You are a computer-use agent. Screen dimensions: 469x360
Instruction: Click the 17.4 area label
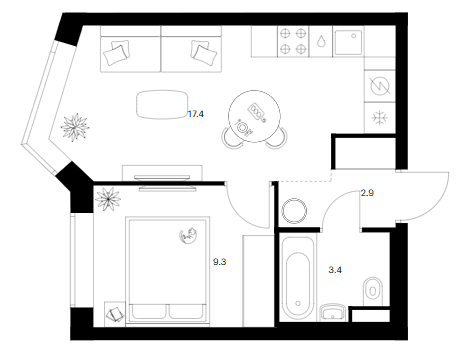tap(196, 114)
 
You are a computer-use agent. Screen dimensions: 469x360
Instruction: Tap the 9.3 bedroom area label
tap(219, 262)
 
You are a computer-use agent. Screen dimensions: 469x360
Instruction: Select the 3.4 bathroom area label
tap(335, 270)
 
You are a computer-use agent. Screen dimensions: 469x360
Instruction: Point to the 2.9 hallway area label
tap(367, 193)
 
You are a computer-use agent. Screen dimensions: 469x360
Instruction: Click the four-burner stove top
tap(293, 41)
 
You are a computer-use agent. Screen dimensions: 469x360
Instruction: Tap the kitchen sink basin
tap(348, 42)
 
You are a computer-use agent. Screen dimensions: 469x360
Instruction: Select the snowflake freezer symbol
tap(380, 118)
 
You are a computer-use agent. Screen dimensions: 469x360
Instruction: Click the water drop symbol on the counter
tap(321, 41)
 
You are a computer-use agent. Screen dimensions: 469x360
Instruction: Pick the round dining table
tap(254, 116)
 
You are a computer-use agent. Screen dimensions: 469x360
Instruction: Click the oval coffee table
tap(162, 104)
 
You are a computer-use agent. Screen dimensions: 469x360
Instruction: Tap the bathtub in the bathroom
tap(298, 277)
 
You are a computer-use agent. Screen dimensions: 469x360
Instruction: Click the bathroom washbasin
tap(333, 313)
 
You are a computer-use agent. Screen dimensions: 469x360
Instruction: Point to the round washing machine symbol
tap(294, 211)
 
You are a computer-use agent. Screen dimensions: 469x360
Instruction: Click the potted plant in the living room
tap(75, 127)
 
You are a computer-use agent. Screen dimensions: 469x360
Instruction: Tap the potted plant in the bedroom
tap(108, 199)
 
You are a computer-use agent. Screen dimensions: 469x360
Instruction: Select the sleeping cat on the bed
tap(188, 235)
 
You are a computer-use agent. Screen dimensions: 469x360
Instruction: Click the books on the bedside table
tap(115, 314)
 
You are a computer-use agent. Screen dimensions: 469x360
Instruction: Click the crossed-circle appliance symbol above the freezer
tap(380, 86)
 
